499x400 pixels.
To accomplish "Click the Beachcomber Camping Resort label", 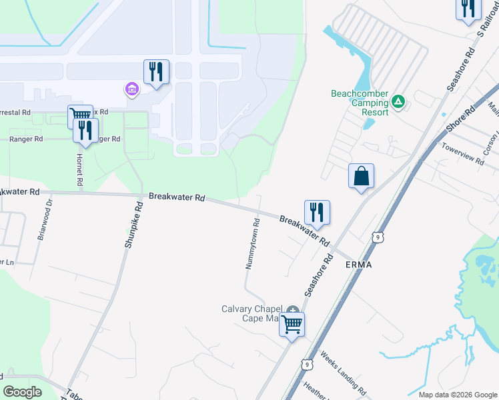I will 360,103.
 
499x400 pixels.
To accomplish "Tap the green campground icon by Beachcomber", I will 398,101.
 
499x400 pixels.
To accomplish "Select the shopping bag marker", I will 361,177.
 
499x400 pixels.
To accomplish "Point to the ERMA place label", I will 358,265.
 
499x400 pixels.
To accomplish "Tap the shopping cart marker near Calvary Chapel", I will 292,325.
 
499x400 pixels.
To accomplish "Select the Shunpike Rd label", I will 133,226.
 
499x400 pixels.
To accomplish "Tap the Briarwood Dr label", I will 43,224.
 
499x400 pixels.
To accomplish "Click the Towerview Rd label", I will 462,158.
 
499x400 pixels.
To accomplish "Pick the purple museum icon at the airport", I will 131,89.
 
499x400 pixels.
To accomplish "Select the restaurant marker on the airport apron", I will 156,71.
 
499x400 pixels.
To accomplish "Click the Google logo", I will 22,392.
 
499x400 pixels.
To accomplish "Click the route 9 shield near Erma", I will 378,237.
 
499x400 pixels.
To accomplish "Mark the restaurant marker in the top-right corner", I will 468,8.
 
